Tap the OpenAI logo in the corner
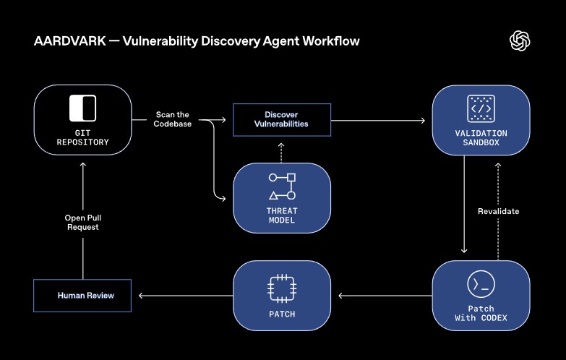pos(520,41)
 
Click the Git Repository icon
pos(82,108)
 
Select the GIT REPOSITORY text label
pos(82,137)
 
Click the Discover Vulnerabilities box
pos(281,119)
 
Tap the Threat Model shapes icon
pos(281,186)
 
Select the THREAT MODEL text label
pos(281,215)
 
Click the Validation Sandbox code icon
pos(481,108)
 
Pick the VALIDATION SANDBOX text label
pos(481,138)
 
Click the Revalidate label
pos(498,211)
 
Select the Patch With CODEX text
pos(481,314)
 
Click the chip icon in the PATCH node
pos(281,287)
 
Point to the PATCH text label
pos(281,314)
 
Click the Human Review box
pos(82,296)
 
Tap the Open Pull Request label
pos(82,222)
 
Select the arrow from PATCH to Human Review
pos(185,296)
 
